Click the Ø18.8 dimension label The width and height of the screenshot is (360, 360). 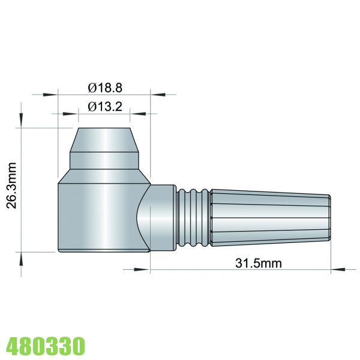pyautogui.click(x=104, y=88)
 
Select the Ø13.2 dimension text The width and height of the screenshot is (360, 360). pyautogui.click(x=104, y=107)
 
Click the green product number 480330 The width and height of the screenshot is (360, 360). pyautogui.click(x=45, y=346)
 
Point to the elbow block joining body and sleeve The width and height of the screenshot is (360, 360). pyautogui.click(x=159, y=216)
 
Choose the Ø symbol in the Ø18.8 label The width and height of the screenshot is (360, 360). pyautogui.click(x=92, y=88)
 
